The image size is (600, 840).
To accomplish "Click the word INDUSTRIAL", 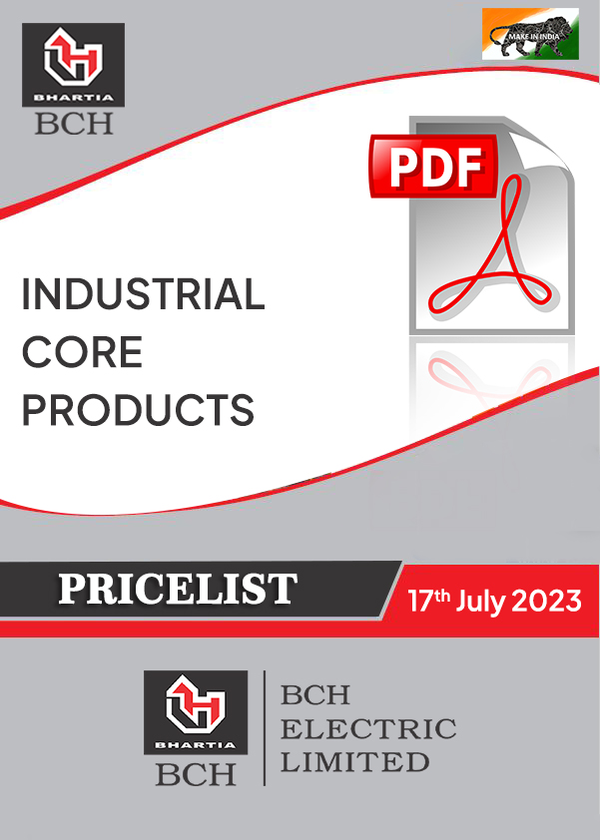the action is coord(143,294).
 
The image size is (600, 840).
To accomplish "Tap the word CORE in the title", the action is coord(82,352).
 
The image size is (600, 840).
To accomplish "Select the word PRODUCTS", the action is coord(139,410).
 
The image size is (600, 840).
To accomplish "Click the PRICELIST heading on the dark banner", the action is coord(178,589).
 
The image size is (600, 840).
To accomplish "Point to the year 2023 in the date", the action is coord(546,601).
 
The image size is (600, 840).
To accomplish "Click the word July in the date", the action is coord(480,603).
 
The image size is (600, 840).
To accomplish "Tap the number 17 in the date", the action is coord(420,602).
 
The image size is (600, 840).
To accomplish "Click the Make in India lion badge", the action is coord(530,34).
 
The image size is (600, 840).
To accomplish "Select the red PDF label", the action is coord(434,166).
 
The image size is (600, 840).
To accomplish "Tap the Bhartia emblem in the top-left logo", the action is coord(74,57).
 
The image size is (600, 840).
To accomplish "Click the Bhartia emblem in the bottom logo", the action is coord(196,705).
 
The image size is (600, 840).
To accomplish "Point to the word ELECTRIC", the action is coord(368,729).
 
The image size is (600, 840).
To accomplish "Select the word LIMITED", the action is coord(355,762).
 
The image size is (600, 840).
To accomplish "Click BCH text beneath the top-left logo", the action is coord(74,124).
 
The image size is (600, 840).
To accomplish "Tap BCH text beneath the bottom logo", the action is coord(196,774).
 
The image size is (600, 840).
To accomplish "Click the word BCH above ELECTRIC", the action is coord(315,695).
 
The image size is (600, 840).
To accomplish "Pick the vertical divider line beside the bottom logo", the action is coord(265,728).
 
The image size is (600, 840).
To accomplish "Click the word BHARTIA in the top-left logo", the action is coord(74,98).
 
